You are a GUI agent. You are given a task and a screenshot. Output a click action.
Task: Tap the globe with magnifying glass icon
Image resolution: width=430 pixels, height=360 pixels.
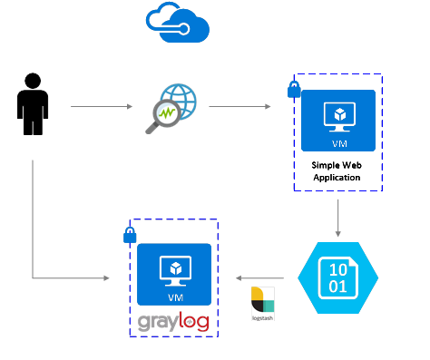point(172,107)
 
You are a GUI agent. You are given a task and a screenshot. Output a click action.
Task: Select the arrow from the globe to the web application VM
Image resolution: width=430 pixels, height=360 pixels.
point(239,106)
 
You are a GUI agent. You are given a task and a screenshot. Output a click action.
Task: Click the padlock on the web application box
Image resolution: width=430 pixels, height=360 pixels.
point(294,89)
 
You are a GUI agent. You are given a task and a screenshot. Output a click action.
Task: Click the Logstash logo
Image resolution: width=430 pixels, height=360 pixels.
point(262,303)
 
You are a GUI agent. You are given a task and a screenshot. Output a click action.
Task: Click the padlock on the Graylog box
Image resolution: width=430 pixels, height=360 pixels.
point(129,235)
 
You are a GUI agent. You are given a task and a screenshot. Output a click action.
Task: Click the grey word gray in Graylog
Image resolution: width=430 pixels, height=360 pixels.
point(158,322)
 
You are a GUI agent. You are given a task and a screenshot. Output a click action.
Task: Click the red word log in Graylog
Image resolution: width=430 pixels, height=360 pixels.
point(194,322)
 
